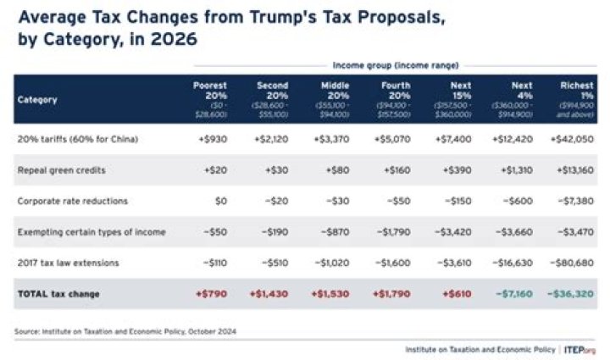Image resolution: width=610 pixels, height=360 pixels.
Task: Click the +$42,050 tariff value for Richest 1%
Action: pyautogui.click(x=575, y=138)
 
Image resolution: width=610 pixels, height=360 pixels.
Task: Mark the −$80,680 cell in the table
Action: pyautogui.click(x=574, y=263)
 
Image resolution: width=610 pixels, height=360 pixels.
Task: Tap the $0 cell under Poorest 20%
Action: pyautogui.click(x=219, y=201)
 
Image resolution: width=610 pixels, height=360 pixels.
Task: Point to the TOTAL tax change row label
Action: pyautogui.click(x=58, y=294)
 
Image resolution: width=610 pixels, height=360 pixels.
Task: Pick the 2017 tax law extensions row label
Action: pyautogui.click(x=64, y=263)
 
